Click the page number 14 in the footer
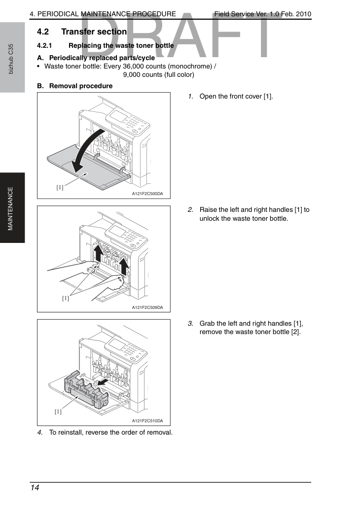(35, 488)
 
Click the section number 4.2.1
(44, 45)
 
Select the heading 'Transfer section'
(94, 32)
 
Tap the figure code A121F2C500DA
(147, 194)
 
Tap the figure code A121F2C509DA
(147, 307)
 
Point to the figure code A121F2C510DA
(147, 421)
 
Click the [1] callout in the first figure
(60, 187)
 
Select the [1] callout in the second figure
(65, 298)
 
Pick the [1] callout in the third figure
(58, 411)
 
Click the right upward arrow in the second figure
(124, 266)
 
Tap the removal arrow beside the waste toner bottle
(103, 382)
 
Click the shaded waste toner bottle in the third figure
(86, 390)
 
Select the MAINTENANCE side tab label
(10, 208)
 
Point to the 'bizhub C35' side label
(11, 59)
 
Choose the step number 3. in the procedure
(190, 323)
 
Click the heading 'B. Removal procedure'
(75, 86)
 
